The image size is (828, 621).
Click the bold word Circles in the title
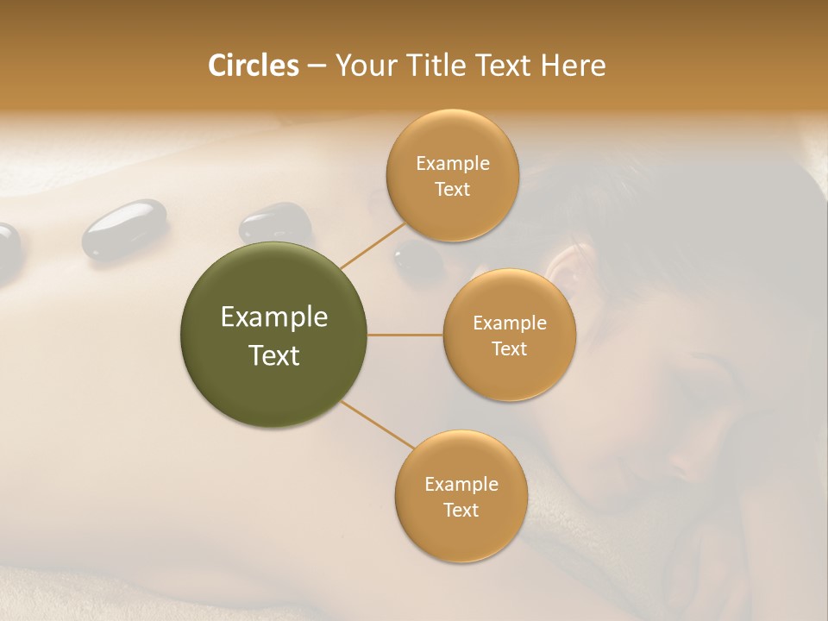click(253, 66)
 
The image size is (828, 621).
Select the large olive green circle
click(273, 335)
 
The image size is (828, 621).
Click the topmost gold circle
click(452, 175)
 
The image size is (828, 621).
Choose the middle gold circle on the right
click(509, 335)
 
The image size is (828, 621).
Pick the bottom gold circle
click(461, 496)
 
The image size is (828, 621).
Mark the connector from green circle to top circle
click(373, 246)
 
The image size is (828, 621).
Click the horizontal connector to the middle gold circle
click(405, 335)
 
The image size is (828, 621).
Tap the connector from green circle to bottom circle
click(376, 425)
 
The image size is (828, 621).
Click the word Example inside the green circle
click(273, 317)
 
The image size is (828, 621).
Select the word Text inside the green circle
click(273, 355)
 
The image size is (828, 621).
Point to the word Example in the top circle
click(452, 164)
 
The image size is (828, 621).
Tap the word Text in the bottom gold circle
click(461, 510)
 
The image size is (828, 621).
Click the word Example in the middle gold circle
click(509, 323)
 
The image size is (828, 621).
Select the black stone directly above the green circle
click(274, 223)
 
